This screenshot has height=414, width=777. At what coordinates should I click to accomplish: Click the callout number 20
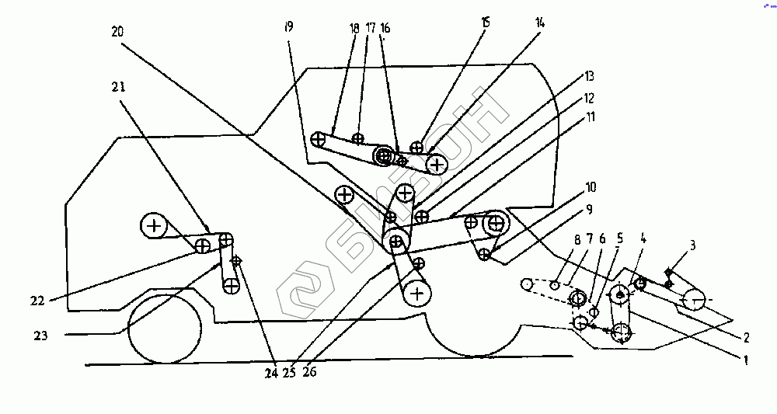tap(117, 32)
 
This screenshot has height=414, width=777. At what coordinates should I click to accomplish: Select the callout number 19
tap(288, 27)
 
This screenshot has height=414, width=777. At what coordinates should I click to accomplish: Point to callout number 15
tap(486, 23)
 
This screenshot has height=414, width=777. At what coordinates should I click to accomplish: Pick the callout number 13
tap(590, 76)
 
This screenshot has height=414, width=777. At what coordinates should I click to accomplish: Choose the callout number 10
tap(591, 187)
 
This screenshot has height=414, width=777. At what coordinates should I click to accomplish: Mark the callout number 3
tap(692, 245)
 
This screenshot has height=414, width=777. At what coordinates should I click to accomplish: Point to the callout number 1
tap(745, 360)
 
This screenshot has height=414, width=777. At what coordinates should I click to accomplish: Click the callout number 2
tap(745, 338)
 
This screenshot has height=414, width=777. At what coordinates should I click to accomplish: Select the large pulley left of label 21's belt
tap(155, 226)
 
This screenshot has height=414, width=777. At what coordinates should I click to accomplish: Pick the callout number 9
tap(589, 209)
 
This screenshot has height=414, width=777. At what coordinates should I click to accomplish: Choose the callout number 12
tap(590, 99)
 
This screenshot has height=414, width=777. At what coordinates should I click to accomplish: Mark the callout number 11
tap(591, 118)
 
